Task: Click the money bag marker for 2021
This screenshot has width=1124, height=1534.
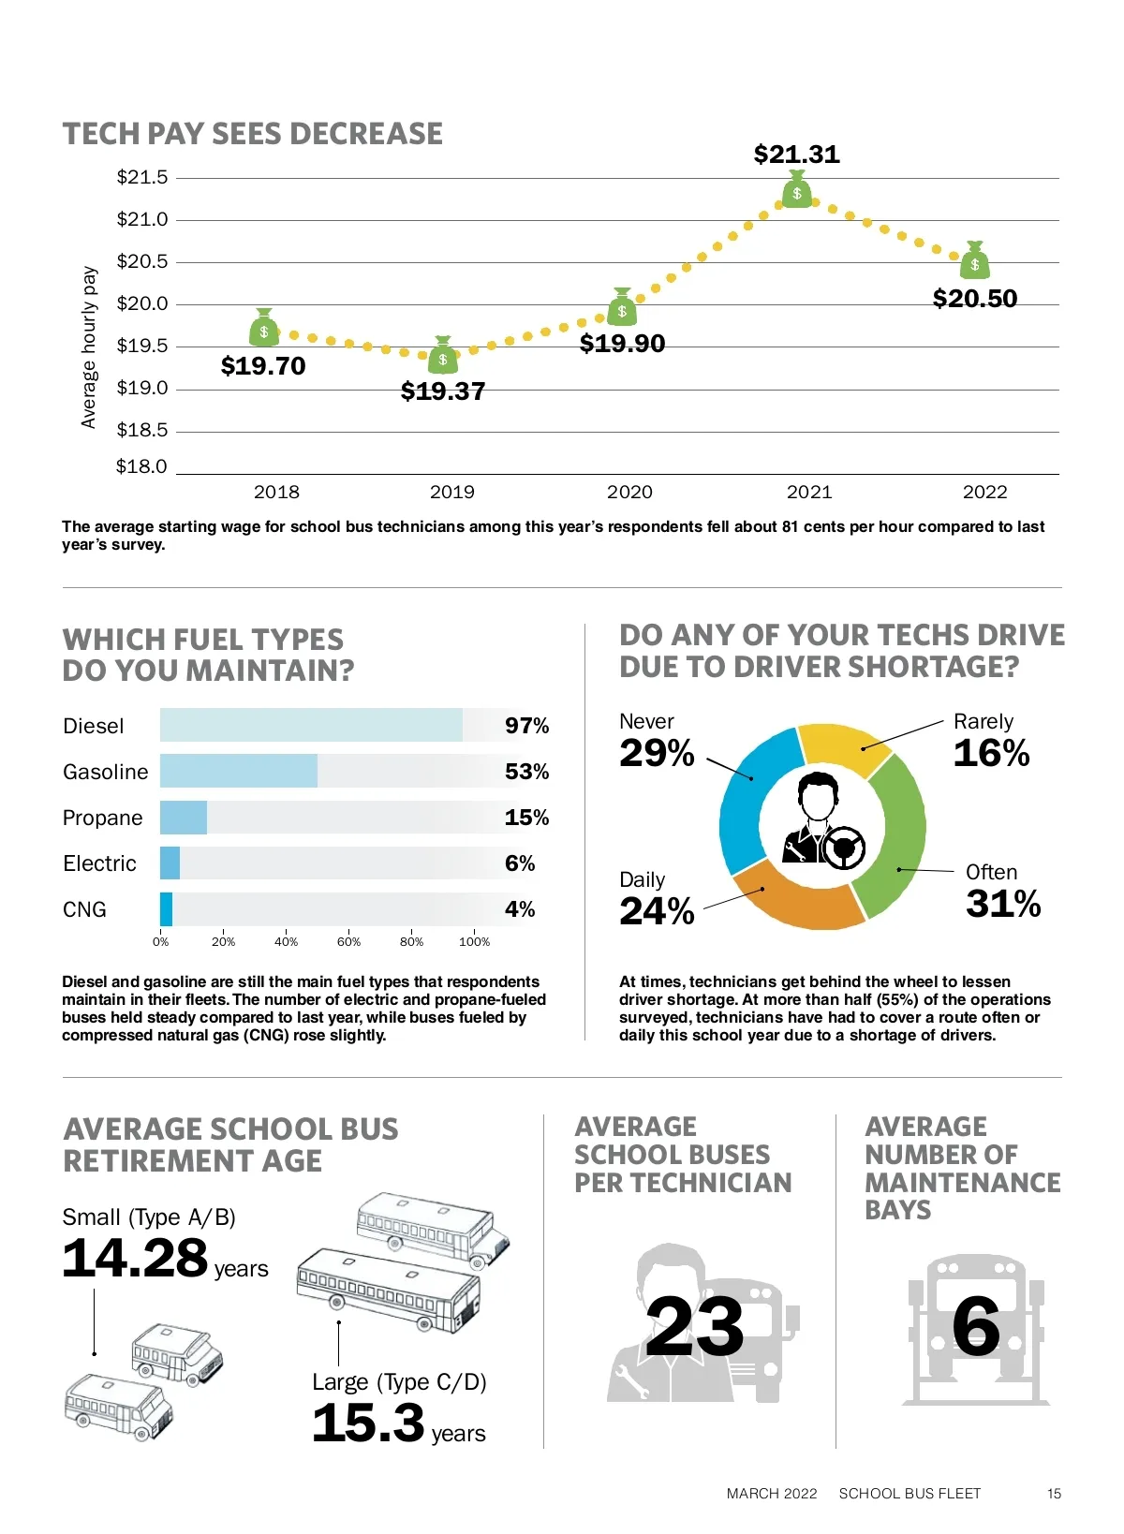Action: click(796, 190)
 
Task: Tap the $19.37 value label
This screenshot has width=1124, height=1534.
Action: click(443, 391)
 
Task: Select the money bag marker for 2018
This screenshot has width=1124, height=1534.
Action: click(264, 329)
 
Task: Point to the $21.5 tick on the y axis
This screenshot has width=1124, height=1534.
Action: click(142, 177)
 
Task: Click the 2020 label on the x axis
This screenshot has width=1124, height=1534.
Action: click(629, 493)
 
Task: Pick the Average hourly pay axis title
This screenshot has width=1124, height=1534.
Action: click(89, 347)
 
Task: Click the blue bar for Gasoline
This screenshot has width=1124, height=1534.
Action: click(239, 771)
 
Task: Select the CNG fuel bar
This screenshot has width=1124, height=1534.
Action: click(166, 909)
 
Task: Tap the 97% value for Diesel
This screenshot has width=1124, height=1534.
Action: click(526, 726)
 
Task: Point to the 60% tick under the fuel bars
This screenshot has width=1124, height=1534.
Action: click(348, 942)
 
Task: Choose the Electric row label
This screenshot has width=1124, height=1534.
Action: click(99, 863)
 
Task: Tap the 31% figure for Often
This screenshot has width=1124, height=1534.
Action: click(1003, 905)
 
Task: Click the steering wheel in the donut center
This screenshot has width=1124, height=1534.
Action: click(845, 846)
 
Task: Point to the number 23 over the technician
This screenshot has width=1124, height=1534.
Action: click(694, 1326)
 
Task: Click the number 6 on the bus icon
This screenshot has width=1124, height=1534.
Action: click(976, 1326)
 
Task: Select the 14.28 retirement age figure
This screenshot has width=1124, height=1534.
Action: click(135, 1258)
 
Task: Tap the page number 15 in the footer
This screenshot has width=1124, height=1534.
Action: click(1054, 1494)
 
